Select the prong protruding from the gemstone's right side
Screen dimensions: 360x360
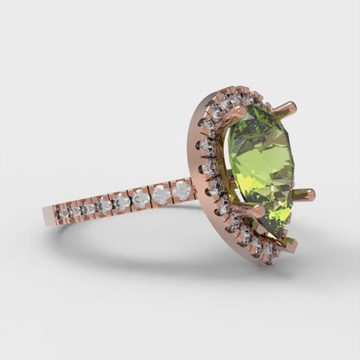(304, 195)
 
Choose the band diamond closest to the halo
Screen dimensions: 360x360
(182, 190)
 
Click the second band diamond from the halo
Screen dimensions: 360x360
(162, 195)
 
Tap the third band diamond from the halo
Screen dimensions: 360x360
(141, 200)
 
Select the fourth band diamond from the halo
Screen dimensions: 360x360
(122, 203)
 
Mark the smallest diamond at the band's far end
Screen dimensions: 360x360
(63, 213)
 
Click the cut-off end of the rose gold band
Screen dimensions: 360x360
(47, 216)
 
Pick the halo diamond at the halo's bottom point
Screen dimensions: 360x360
(268, 254)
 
